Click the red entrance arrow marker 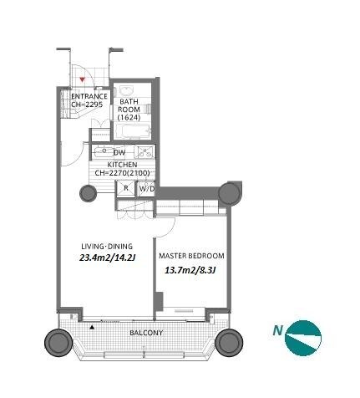(x=82, y=79)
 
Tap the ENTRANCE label (x=89, y=96)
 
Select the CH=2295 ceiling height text (x=87, y=105)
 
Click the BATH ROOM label (x=129, y=105)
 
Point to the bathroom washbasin (x=127, y=90)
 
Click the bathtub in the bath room (x=133, y=131)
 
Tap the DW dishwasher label (x=119, y=152)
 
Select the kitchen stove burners (x=145, y=152)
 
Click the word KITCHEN (x=122, y=165)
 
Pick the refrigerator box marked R (x=125, y=188)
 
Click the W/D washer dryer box (x=147, y=188)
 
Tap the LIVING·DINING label (x=107, y=247)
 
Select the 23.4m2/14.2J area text (x=107, y=258)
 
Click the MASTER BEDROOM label (x=191, y=256)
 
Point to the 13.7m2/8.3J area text (x=190, y=270)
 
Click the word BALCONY (x=146, y=333)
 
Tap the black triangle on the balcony (x=92, y=327)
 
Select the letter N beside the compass (x=277, y=330)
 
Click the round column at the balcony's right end (x=229, y=343)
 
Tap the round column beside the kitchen (x=88, y=193)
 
